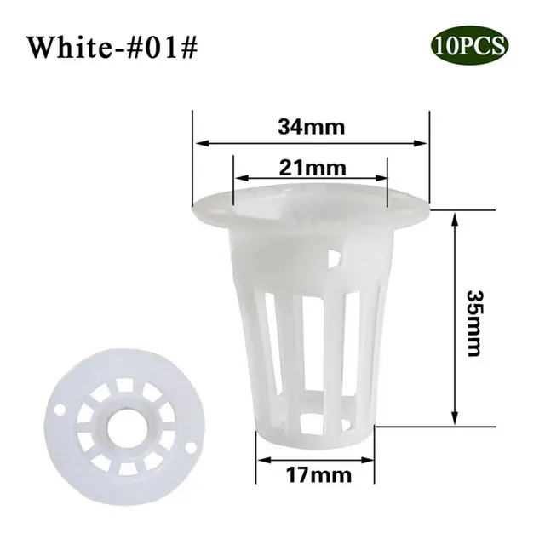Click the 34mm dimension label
(309, 129)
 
